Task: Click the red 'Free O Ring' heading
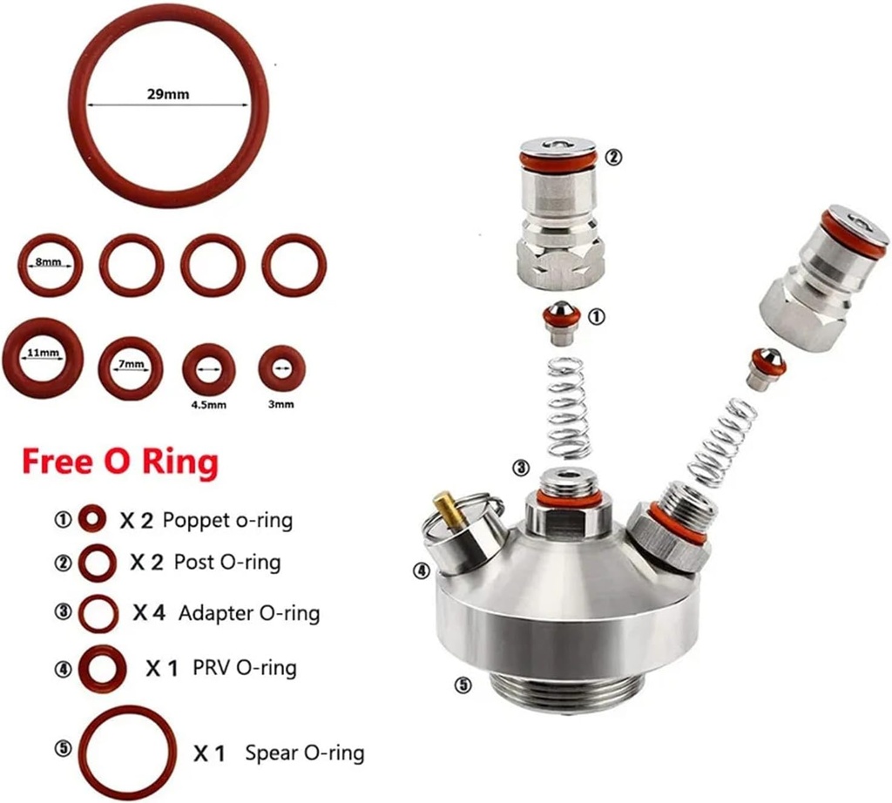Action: pos(119,461)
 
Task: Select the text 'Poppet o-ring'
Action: pos(227,521)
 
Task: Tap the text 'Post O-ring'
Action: pos(227,562)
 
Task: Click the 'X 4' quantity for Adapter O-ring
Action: pos(149,613)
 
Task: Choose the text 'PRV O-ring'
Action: pos(237,668)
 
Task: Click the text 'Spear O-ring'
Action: pos(304,752)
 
